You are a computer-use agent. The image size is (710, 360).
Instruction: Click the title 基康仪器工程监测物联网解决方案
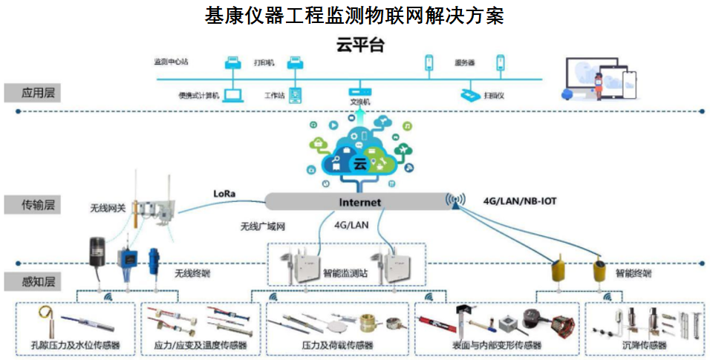click(x=354, y=15)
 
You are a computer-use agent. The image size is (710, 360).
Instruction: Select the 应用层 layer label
click(x=32, y=93)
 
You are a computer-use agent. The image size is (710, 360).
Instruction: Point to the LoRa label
click(x=224, y=194)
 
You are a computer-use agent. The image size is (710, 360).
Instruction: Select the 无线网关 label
click(x=106, y=209)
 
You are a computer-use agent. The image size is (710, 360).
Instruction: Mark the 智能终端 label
click(x=633, y=273)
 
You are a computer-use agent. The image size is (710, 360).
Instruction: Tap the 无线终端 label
click(x=192, y=273)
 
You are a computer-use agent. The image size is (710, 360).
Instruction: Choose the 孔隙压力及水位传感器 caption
click(x=76, y=345)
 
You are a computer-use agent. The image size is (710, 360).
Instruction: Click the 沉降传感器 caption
click(x=644, y=345)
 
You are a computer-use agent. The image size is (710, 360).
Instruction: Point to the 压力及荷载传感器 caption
click(x=337, y=345)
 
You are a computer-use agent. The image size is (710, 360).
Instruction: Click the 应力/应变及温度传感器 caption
click(x=201, y=345)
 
